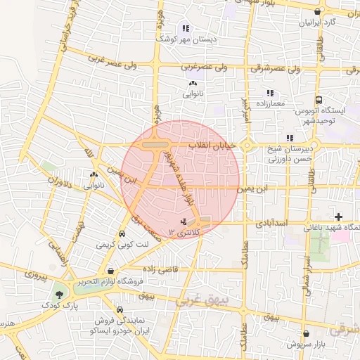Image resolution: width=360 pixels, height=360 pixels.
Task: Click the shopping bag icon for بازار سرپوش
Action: click(x=305, y=333)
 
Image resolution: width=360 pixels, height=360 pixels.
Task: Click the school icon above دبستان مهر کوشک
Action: click(x=185, y=29)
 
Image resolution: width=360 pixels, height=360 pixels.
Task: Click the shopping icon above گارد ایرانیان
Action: click(x=319, y=12)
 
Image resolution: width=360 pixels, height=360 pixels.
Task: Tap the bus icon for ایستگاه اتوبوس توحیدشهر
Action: click(x=319, y=101)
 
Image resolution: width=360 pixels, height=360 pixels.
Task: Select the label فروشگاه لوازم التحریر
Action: click(x=112, y=281)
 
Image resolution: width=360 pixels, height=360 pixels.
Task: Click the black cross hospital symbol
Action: click(x=340, y=217)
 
